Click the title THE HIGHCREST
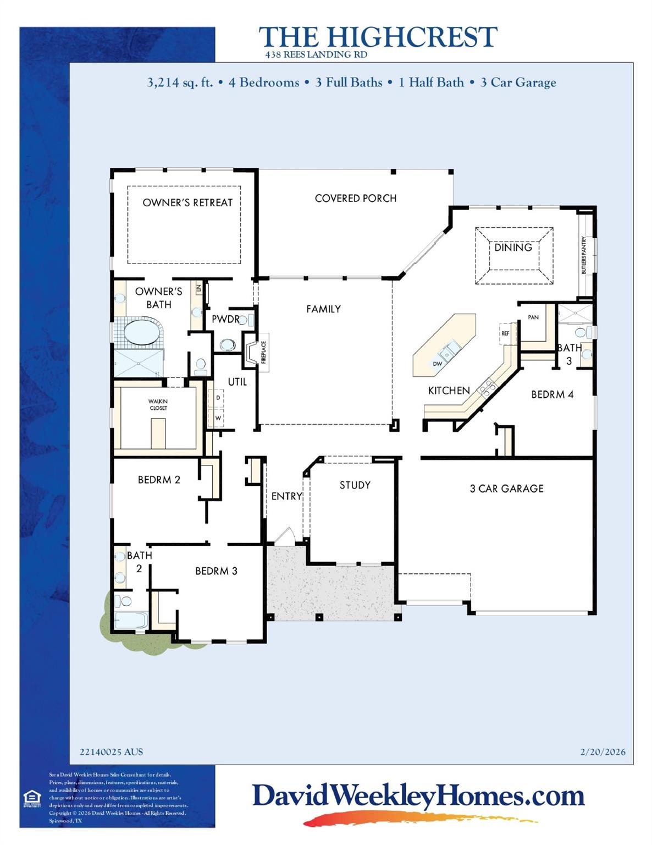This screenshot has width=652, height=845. coord(378,37)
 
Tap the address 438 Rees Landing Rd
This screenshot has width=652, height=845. coord(316,55)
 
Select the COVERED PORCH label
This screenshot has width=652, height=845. coord(355,198)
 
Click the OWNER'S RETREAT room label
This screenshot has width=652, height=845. coord(187,202)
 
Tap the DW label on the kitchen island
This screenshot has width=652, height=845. coord(438,364)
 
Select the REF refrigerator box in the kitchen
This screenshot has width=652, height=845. coord(505,333)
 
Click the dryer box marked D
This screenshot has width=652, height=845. coord(218,398)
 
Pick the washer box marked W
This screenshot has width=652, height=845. coord(218,418)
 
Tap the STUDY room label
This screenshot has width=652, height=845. coord(355,485)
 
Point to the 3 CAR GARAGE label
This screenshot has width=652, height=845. coord(506,489)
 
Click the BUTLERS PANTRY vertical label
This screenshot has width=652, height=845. coord(584,255)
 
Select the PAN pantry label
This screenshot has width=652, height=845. coord(533,317)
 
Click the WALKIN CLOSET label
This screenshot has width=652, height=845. coord(158,405)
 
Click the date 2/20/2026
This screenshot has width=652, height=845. coord(603,752)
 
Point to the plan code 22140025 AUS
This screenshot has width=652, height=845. coord(111,752)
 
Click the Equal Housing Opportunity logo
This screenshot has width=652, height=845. coord(32,798)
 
